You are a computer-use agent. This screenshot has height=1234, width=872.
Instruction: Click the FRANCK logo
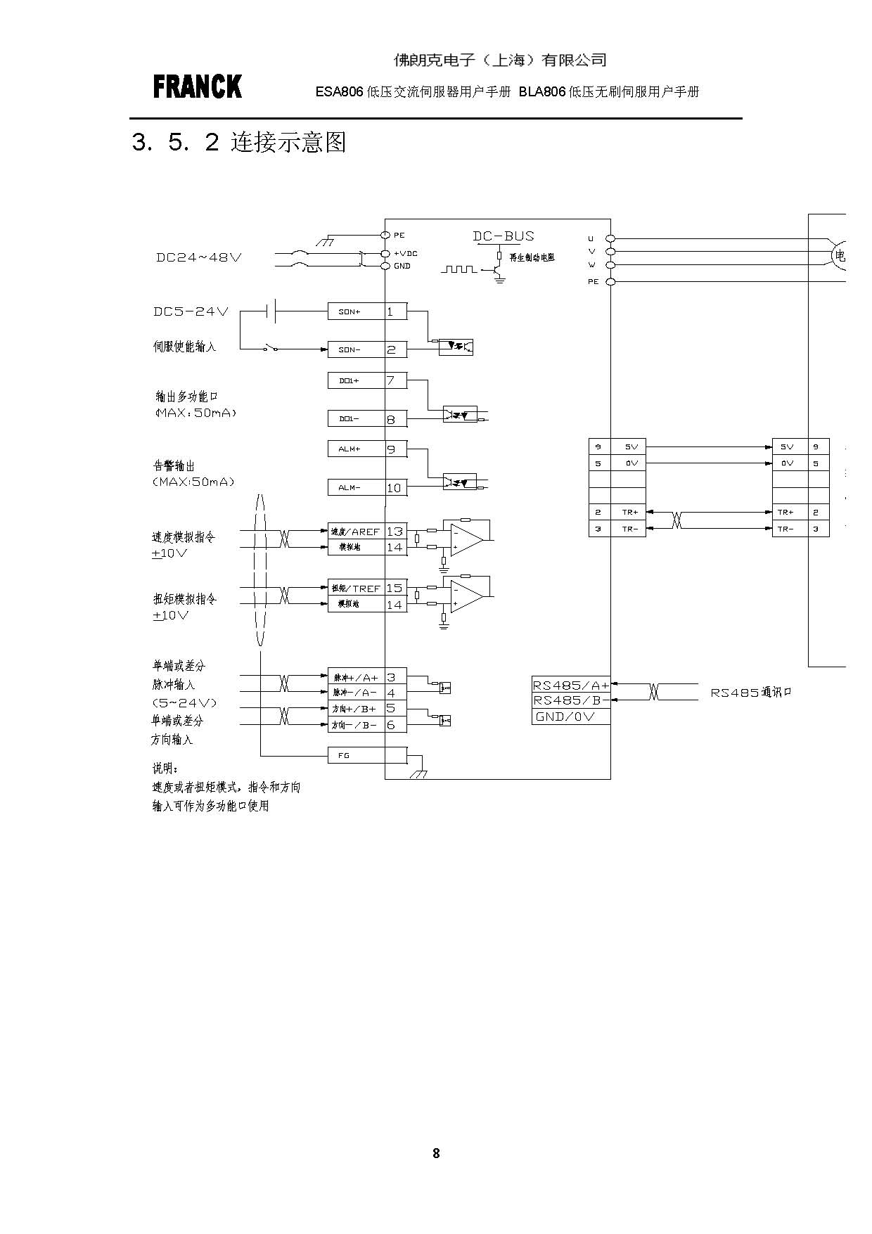pyautogui.click(x=197, y=87)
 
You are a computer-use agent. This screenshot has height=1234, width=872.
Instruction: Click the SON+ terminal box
pyautogui.click(x=356, y=311)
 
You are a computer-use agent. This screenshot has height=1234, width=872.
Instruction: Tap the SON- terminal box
pyautogui.click(x=356, y=349)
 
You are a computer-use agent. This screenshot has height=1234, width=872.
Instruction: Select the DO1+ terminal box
pyautogui.click(x=356, y=381)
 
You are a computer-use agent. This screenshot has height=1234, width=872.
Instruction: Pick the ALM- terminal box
pyautogui.click(x=356, y=487)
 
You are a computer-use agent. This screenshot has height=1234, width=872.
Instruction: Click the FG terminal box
pyautogui.click(x=356, y=755)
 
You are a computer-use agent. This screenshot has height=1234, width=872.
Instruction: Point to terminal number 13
pyautogui.click(x=395, y=532)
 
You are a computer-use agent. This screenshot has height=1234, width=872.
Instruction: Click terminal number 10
pyautogui.click(x=395, y=487)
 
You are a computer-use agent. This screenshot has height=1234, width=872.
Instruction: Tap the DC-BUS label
pyautogui.click(x=504, y=236)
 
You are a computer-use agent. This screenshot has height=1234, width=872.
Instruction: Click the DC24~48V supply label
pyautogui.click(x=199, y=257)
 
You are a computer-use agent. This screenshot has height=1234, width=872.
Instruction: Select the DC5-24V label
pyautogui.click(x=191, y=311)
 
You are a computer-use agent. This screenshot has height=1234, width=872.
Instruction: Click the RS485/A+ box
pyautogui.click(x=570, y=685)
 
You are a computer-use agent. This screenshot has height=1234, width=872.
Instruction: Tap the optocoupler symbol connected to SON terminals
pyautogui.click(x=456, y=347)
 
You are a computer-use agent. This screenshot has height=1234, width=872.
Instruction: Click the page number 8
pyautogui.click(x=436, y=1153)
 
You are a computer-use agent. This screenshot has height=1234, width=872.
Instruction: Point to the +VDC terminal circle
pyautogui.click(x=385, y=253)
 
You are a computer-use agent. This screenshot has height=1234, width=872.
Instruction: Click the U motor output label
pyautogui.click(x=591, y=239)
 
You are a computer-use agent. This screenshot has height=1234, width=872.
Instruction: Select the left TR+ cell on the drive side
pyautogui.click(x=629, y=512)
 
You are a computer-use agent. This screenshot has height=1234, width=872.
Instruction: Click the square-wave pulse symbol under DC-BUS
pyautogui.click(x=459, y=269)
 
